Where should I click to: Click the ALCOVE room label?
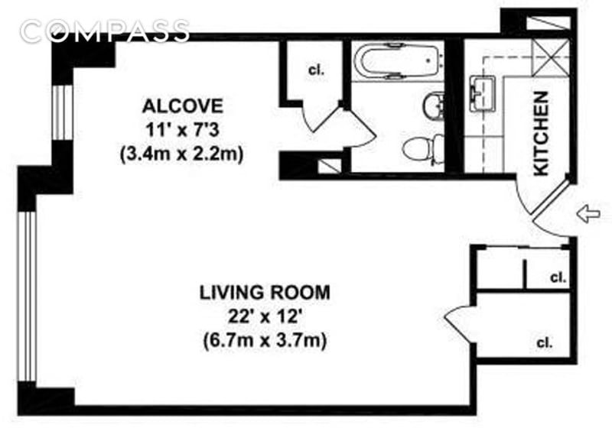click(x=183, y=106)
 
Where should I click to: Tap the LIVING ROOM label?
click(x=265, y=293)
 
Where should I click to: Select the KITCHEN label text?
click(x=542, y=133)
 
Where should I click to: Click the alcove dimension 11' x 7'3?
click(x=183, y=130)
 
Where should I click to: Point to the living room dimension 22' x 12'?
click(x=265, y=317)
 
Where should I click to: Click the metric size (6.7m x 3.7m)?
click(x=265, y=341)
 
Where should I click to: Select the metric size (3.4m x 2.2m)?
click(x=182, y=154)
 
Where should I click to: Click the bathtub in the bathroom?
click(x=398, y=61)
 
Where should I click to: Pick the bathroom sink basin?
click(x=433, y=105)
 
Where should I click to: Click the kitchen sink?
click(x=483, y=94)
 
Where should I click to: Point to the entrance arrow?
click(x=589, y=214)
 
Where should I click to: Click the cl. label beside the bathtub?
click(x=316, y=70)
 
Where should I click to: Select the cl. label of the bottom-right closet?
click(x=545, y=343)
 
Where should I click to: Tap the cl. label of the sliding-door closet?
click(x=558, y=278)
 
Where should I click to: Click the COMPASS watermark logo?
click(x=105, y=31)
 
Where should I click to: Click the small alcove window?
click(x=63, y=112)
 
